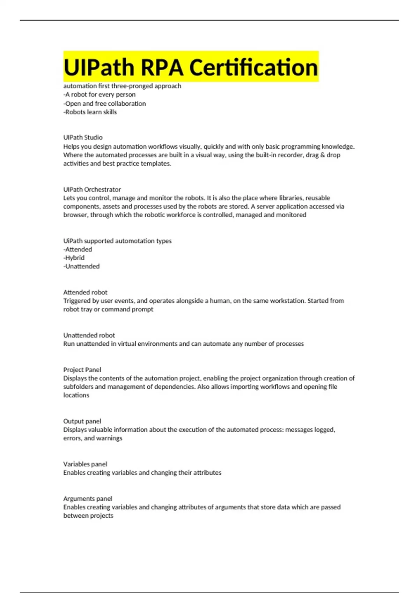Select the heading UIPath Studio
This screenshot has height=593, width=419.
[83, 137]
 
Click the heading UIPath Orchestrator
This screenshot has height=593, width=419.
[92, 189]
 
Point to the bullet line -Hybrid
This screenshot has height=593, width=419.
[74, 258]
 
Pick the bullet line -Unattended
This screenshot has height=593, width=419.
[81, 267]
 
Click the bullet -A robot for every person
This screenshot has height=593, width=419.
[99, 95]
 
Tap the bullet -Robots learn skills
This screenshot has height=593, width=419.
[90, 112]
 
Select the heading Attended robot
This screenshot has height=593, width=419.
[85, 292]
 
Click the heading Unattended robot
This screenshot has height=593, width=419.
[89, 335]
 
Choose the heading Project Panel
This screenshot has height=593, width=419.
[82, 370]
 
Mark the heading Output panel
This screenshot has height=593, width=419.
[82, 421]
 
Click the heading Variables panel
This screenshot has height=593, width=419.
[85, 464]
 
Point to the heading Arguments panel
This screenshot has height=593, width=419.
[88, 499]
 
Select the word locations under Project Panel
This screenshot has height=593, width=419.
[76, 395]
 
